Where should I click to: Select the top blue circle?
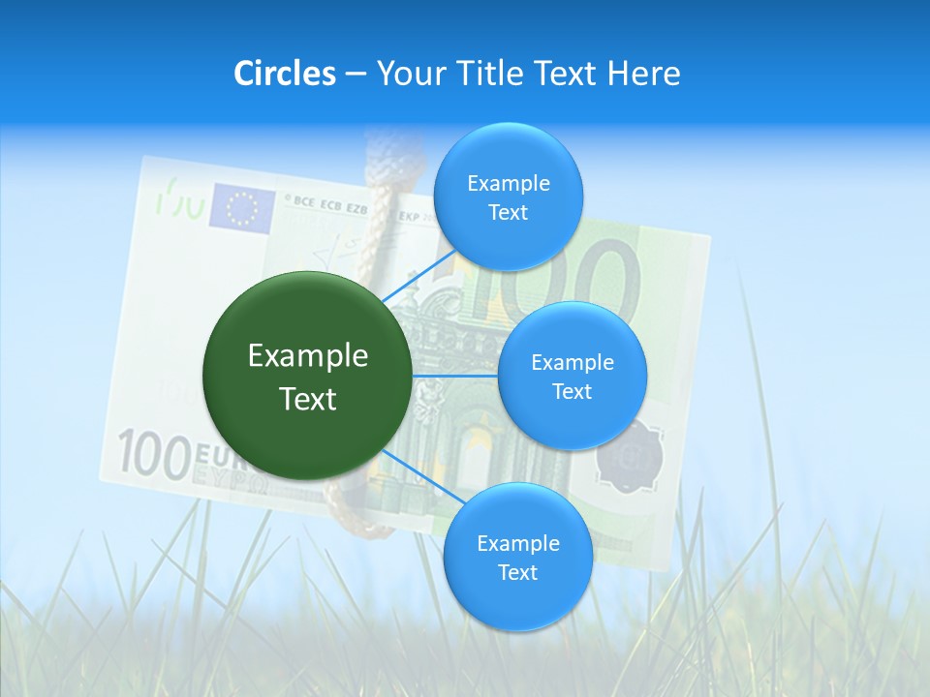(x=508, y=197)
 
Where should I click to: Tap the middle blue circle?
(x=572, y=376)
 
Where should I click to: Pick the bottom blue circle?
(x=517, y=558)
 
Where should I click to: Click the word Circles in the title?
(x=285, y=74)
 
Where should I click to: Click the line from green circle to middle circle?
(x=455, y=376)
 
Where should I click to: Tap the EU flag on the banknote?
(x=241, y=207)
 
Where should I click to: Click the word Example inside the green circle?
(x=308, y=356)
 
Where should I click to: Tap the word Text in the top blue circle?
(x=508, y=213)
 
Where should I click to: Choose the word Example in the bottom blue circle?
(x=517, y=543)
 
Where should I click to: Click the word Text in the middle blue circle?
(x=572, y=391)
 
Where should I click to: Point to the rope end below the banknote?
(x=358, y=513)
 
